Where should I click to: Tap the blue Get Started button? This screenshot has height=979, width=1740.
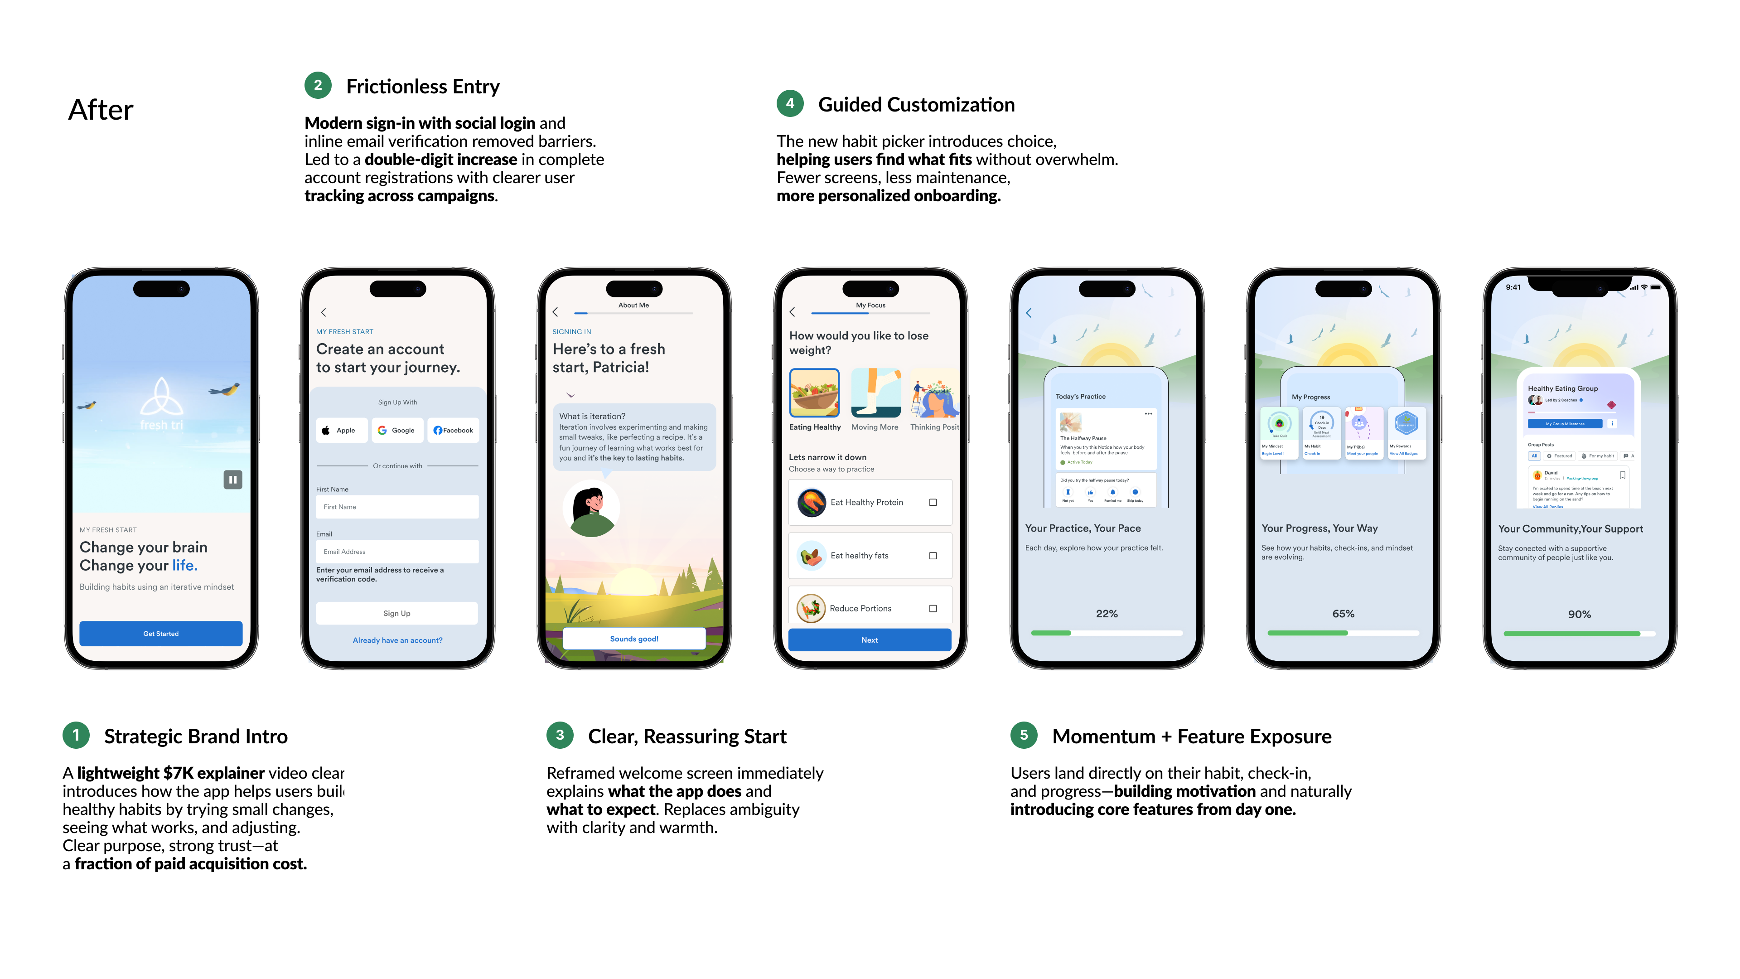(x=161, y=633)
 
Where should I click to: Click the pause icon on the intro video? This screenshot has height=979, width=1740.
(x=232, y=480)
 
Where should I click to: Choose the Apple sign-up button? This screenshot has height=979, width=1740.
(x=342, y=431)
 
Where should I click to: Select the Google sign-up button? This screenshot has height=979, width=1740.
(x=397, y=431)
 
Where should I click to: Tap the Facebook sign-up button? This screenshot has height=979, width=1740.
(x=453, y=431)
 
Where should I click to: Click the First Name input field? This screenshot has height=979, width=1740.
(x=397, y=507)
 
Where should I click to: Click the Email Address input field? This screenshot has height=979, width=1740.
(x=397, y=551)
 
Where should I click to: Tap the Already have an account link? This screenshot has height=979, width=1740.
(x=397, y=640)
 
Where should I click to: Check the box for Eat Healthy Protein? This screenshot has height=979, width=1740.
(x=933, y=502)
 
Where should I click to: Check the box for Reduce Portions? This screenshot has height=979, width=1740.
(x=933, y=608)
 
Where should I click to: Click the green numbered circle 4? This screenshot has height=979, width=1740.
(x=790, y=103)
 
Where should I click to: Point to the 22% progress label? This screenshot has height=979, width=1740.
(x=1107, y=614)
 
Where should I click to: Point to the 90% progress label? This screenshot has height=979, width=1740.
(x=1579, y=614)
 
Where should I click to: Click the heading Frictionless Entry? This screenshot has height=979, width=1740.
(x=423, y=87)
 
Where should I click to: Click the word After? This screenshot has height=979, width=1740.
(x=101, y=110)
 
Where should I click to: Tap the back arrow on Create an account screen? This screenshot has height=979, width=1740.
(x=324, y=312)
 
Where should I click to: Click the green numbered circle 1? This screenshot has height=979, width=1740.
(x=76, y=735)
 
